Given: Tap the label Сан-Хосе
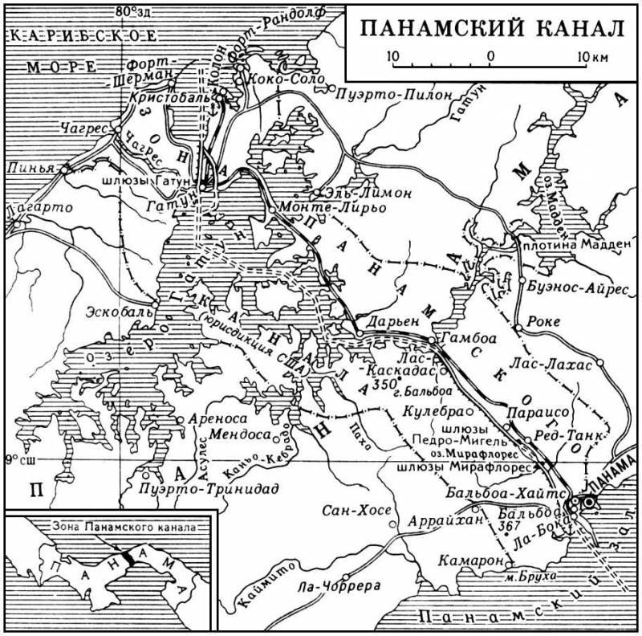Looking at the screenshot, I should coord(356,511).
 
